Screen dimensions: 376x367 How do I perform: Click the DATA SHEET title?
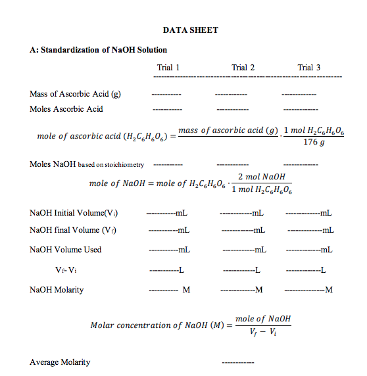coord(190,30)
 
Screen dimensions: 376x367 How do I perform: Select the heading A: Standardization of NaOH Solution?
coord(99,50)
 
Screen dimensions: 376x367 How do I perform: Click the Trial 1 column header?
coord(168,68)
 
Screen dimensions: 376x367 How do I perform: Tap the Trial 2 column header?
coord(243,68)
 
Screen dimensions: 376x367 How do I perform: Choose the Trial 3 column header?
coord(309,68)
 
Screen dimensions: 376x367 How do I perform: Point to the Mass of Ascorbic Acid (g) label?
coord(75,93)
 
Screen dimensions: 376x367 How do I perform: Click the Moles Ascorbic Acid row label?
coord(66,108)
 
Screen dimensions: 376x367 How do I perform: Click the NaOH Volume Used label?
coord(66,250)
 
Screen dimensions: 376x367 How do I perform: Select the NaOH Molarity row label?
coord(57,289)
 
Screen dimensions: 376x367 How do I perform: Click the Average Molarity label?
coord(60,362)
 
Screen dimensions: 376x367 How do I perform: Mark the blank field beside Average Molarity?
coord(237,363)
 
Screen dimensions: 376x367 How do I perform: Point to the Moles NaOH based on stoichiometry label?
coord(87,164)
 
